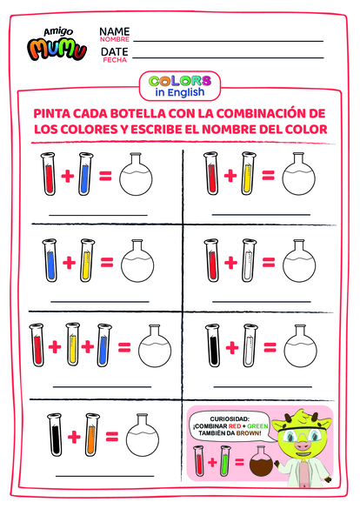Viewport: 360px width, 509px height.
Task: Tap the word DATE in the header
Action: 114,53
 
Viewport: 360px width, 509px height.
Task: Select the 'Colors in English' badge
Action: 179,85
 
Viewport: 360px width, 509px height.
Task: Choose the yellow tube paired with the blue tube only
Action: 85,259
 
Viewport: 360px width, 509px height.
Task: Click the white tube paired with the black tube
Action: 250,345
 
